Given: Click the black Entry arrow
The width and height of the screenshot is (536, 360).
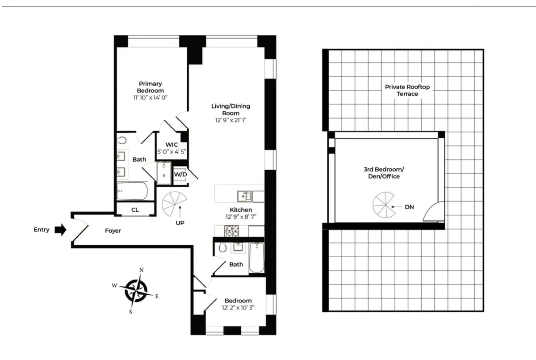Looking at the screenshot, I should point(60,230).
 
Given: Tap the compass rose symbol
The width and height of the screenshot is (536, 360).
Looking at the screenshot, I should point(136,290).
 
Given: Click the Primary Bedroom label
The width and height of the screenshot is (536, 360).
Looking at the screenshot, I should point(150,87).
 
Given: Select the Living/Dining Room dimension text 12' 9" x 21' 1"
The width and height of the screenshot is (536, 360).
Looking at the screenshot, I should point(230,120).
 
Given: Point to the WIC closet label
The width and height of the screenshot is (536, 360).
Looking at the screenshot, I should point(172,145).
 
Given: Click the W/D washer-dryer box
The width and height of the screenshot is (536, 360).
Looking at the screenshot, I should point(180,174).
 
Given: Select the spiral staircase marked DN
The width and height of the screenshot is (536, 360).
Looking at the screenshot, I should point(382,206).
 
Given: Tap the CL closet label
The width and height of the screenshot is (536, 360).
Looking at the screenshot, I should point(134,209).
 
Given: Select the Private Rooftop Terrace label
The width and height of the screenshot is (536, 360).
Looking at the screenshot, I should point(407,90).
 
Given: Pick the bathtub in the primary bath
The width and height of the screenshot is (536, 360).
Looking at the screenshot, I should point(132,192).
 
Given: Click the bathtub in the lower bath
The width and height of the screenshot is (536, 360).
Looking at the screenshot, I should point(256,258).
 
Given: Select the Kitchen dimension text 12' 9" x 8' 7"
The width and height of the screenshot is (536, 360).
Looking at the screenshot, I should point(240,217).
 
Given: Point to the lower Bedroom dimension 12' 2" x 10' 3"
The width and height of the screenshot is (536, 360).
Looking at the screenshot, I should point(238,308).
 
